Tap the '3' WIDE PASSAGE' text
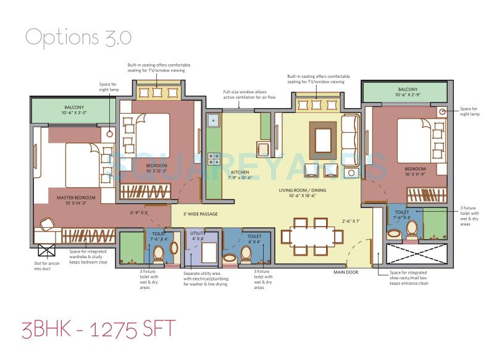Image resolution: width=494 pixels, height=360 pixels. [x=201, y=214]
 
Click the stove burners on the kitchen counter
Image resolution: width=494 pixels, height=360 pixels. [x=214, y=159]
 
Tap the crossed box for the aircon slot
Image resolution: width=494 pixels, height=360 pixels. [x=46, y=251]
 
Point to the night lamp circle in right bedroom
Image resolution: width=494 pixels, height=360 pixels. [x=442, y=112]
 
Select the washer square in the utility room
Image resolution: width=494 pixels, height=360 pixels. [x=209, y=251]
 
